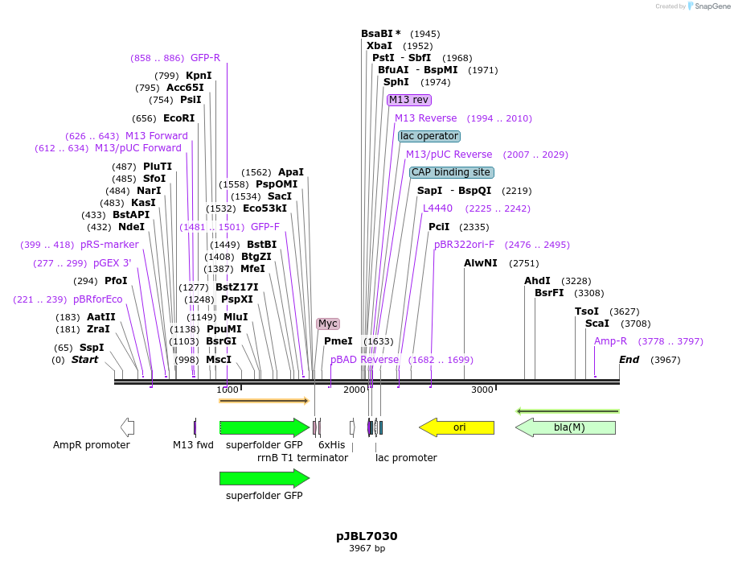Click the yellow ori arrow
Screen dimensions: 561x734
[x=457, y=427]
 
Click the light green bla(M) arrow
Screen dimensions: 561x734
[x=566, y=427]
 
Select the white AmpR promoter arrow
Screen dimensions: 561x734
[x=127, y=427]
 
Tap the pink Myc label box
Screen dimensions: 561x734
[x=328, y=324]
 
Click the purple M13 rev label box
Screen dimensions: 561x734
[x=409, y=100]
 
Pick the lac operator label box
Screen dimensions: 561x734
[x=429, y=136]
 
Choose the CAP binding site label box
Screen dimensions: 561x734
[x=451, y=172]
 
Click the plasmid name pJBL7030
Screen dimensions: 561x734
[x=367, y=536]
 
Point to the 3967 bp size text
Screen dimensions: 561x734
[x=367, y=549]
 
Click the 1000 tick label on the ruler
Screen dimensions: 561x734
[x=228, y=390]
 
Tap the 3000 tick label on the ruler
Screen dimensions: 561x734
[x=482, y=390]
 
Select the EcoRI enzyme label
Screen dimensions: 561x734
[x=178, y=118]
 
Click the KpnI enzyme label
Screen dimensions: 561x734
[x=199, y=76]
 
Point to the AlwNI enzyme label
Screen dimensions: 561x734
[x=481, y=263]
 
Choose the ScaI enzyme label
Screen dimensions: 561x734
[x=597, y=324]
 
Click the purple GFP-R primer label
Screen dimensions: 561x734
[x=205, y=58]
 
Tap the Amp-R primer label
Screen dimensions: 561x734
[x=610, y=341]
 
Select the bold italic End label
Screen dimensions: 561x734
[x=629, y=360]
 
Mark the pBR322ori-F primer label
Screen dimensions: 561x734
[x=465, y=245]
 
